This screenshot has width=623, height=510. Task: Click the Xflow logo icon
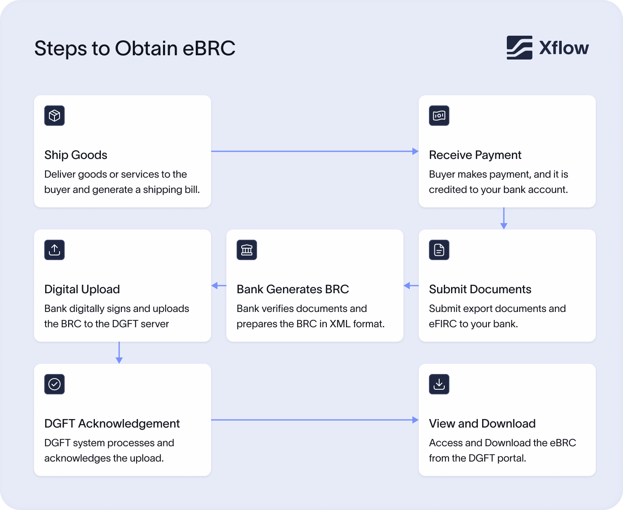coord(519,48)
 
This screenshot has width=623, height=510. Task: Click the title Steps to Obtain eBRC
coord(134,48)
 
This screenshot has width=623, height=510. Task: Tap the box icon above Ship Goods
coord(54,116)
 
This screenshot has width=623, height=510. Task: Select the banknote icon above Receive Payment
coord(439,116)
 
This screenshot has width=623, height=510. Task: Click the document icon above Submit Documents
coord(439,250)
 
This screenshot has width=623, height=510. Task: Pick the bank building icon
coord(247,250)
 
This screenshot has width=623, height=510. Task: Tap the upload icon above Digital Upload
coord(54,250)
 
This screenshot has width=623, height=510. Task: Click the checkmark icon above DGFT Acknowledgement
coord(54,384)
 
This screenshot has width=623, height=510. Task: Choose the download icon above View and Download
coord(439,384)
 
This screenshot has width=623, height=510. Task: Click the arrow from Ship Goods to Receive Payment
coord(315,151)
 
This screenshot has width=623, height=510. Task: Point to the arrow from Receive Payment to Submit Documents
coord(504,218)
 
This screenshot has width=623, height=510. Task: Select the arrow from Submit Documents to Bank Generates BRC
coord(411,286)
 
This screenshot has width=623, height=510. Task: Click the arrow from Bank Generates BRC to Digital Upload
coord(219,286)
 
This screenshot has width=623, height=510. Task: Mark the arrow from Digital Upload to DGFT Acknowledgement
coord(119,353)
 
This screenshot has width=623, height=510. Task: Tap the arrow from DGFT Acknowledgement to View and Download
coord(315,420)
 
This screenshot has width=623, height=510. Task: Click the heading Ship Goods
coord(76,155)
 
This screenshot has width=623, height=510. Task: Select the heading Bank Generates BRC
coord(293,289)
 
